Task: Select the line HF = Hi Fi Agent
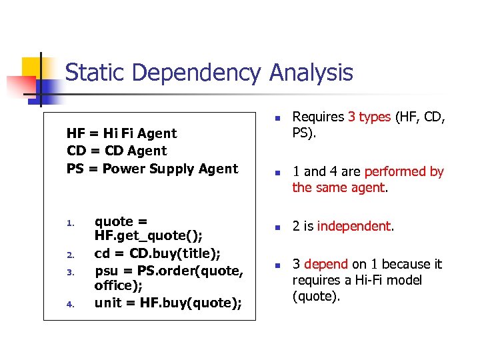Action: (x=122, y=133)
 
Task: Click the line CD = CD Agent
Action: (x=117, y=151)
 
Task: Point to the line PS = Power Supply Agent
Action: (x=152, y=169)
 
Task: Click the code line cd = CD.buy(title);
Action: (x=158, y=253)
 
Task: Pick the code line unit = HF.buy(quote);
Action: (x=168, y=303)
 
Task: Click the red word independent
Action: (x=354, y=226)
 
